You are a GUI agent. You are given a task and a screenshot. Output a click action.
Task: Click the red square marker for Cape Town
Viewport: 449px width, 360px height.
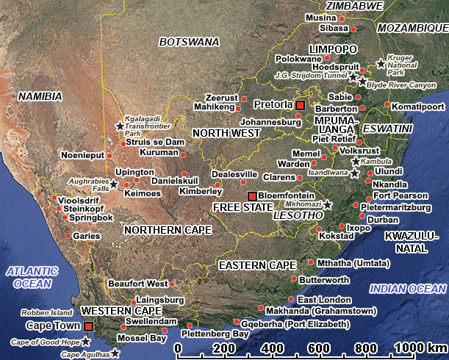[89, 326]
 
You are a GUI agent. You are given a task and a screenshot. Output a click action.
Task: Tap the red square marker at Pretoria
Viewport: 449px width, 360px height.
[300, 105]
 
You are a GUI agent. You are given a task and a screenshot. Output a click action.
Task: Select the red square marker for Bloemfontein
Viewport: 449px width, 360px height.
[252, 195]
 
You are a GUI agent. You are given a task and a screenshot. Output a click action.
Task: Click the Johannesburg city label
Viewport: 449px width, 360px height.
[271, 123]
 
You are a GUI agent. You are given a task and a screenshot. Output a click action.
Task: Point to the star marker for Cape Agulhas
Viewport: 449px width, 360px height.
[115, 354]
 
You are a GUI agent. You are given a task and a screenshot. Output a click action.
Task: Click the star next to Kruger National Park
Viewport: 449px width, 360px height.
[381, 64]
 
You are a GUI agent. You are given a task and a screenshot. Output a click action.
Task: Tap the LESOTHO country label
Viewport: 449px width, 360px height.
[298, 216]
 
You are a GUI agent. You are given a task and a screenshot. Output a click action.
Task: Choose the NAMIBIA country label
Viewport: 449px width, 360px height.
[41, 96]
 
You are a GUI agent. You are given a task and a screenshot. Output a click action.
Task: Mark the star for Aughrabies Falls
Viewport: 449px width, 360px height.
[114, 182]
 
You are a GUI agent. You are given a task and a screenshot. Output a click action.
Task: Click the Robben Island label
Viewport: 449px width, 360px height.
[46, 312]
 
